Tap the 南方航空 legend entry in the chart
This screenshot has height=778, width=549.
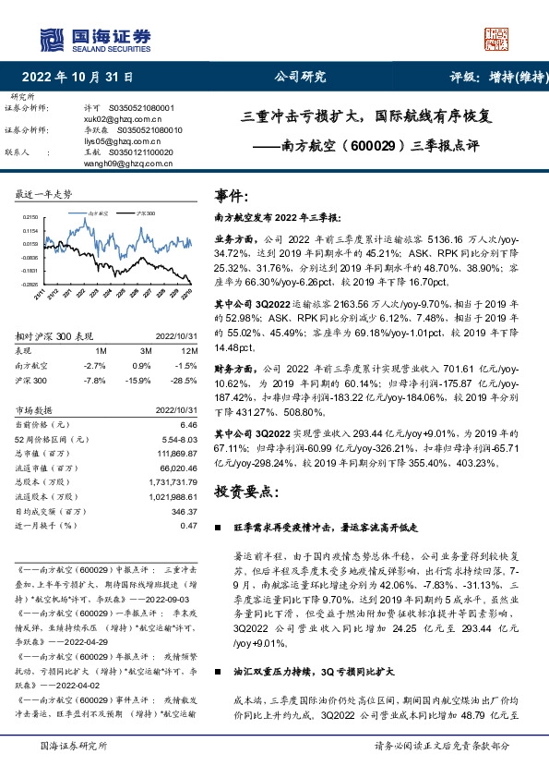99,212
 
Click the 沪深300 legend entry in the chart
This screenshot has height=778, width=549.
142,212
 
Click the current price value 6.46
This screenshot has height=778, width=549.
189,423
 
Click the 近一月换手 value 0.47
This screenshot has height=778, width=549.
189,525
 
